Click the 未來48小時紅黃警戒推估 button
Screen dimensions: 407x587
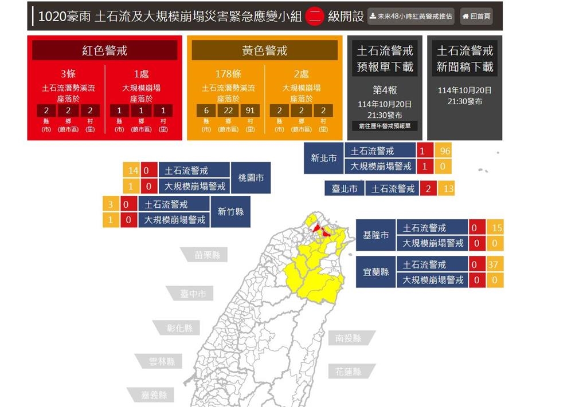tap(411, 17)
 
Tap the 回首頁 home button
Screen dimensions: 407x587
tap(476, 17)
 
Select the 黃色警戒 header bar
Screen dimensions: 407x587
tap(264, 50)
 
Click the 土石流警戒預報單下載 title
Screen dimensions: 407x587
tap(385, 58)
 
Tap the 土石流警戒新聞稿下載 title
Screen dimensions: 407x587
tap(464, 58)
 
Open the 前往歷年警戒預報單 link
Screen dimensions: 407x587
tap(385, 126)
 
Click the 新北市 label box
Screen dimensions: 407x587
tap(324, 158)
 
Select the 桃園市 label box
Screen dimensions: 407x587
tap(251, 178)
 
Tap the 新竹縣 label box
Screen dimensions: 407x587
tap(230, 212)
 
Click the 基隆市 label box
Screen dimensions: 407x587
tap(376, 235)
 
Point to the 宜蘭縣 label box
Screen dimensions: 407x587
tap(376, 272)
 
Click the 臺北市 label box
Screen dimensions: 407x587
tap(344, 188)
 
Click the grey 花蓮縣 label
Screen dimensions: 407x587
tap(349, 372)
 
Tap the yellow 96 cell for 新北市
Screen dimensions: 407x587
tap(443, 151)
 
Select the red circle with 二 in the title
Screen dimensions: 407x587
tap(315, 17)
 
